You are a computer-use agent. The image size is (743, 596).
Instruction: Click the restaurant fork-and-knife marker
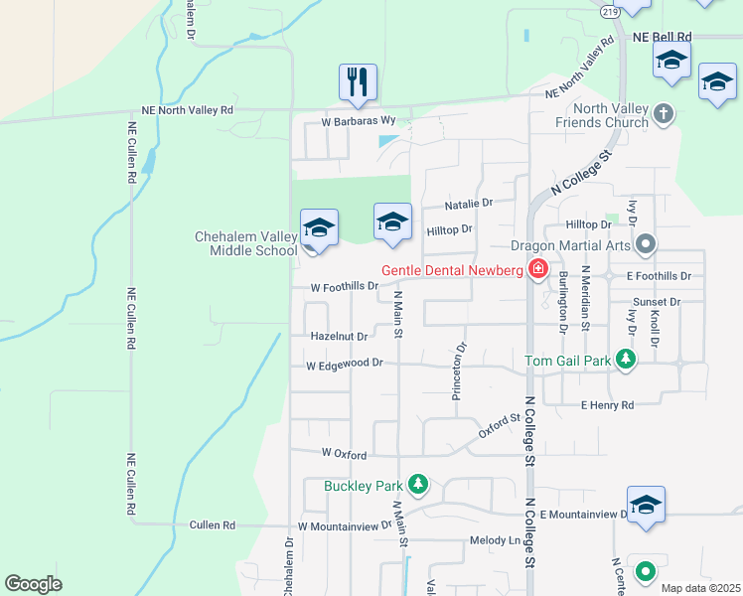[358, 83]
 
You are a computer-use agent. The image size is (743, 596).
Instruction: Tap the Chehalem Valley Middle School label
[246, 243]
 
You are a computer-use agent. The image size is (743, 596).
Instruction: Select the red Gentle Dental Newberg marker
[538, 268]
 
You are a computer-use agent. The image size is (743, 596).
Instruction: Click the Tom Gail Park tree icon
[626, 360]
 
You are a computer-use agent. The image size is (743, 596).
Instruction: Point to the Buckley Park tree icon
[419, 485]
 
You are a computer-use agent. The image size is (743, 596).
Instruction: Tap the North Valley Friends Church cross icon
[666, 114]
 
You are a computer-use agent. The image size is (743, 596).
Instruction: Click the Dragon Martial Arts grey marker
[647, 243]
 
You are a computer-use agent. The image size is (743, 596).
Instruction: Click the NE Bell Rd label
[662, 37]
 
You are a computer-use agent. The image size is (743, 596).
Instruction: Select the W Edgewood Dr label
[344, 365]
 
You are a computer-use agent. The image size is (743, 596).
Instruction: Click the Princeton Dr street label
[459, 372]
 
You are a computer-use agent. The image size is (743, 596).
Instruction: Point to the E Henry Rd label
[607, 405]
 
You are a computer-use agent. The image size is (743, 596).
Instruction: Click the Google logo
[34, 584]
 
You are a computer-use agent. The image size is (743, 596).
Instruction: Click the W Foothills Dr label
[344, 287]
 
